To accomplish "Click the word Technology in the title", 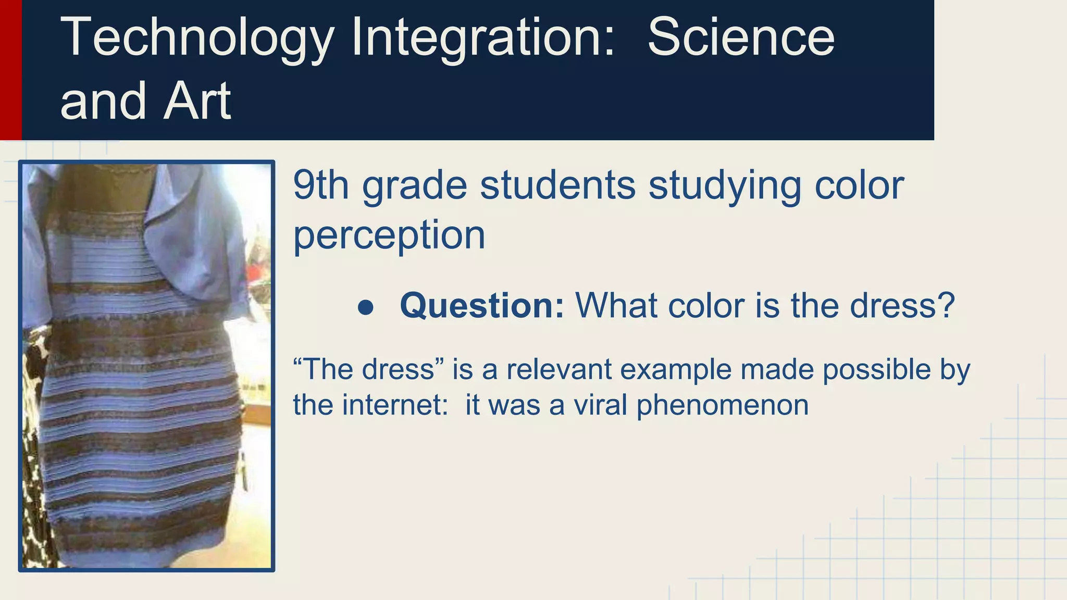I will point(197,37).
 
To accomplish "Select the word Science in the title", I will point(741,37).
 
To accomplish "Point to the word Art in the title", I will point(197,101).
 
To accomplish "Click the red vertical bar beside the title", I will point(10,70).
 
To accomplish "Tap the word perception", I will point(389,235).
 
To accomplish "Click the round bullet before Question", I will point(366,307).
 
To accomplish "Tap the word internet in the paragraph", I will point(395,405).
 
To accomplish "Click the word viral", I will point(600,405).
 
